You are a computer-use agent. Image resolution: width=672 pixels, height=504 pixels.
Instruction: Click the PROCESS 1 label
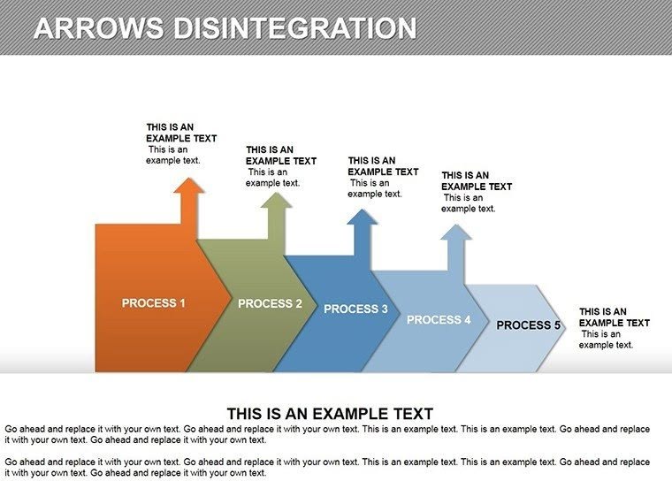coord(153,303)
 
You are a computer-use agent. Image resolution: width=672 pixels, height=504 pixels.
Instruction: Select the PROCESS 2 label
coord(270,303)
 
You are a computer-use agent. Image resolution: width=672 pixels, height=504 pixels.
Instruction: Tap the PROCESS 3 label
coord(355,309)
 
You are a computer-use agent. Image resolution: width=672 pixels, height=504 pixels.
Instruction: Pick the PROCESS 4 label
coord(439,319)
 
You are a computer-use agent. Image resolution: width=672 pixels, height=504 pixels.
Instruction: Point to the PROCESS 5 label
coord(528,325)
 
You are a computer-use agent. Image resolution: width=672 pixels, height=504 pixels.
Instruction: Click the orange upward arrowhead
coord(188,187)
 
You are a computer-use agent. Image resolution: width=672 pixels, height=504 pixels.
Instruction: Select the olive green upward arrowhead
coord(277,202)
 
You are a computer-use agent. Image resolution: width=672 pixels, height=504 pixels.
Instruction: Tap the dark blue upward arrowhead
coord(363,218)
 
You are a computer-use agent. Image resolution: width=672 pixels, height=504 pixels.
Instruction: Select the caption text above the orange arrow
coord(180,143)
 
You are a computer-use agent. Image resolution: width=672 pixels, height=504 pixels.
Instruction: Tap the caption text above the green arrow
coord(280,166)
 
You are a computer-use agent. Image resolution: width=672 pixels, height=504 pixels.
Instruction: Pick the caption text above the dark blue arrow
coord(382,177)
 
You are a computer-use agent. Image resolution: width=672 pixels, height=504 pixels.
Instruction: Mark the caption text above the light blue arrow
coord(476,192)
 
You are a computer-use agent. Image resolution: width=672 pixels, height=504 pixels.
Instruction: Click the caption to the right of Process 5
coord(614,328)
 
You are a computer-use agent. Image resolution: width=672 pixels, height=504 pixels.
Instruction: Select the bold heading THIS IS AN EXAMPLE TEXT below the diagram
coord(330,413)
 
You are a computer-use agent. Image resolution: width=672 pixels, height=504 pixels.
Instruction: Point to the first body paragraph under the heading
coord(327,434)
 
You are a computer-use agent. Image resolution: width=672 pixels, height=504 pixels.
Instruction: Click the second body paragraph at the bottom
coord(327,467)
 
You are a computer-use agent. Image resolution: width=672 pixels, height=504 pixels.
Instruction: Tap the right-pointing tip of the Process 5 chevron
coord(564,325)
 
